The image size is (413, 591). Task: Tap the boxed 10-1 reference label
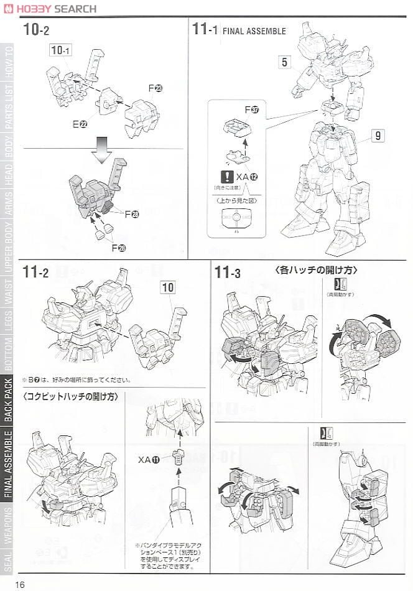pos(61,50)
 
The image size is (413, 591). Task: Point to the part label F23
pos(155,88)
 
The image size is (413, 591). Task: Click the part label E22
pos(80,124)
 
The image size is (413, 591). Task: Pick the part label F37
pos(251,110)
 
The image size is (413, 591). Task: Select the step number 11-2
pos(36,272)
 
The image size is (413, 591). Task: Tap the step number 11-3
pos(227,272)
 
